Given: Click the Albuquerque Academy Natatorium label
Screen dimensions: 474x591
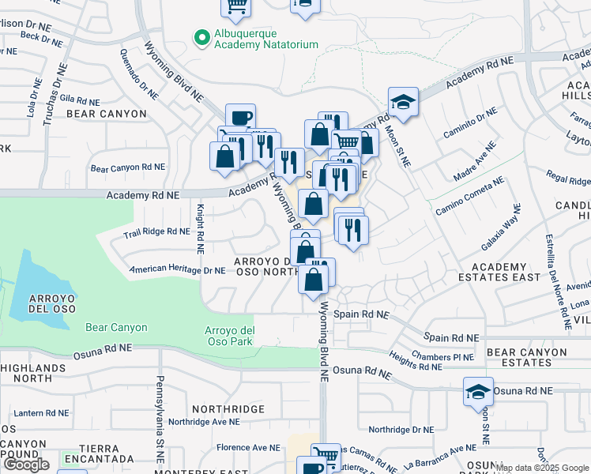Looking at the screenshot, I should (267, 40).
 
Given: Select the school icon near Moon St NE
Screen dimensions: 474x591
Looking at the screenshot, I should (403, 102).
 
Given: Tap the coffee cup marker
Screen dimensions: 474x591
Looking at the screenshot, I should (240, 118).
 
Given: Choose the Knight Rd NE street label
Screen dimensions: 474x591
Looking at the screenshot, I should (201, 228).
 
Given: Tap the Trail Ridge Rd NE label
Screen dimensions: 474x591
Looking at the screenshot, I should (156, 231).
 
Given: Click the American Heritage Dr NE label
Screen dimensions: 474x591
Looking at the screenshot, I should (178, 269).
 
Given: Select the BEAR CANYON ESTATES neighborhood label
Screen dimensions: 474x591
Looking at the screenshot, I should (519, 356).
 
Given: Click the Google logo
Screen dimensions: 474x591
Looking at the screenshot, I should (26, 465).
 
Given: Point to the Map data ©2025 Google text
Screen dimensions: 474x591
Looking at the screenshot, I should (542, 468).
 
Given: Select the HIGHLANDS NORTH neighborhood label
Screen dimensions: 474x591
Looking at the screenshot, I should (33, 374).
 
